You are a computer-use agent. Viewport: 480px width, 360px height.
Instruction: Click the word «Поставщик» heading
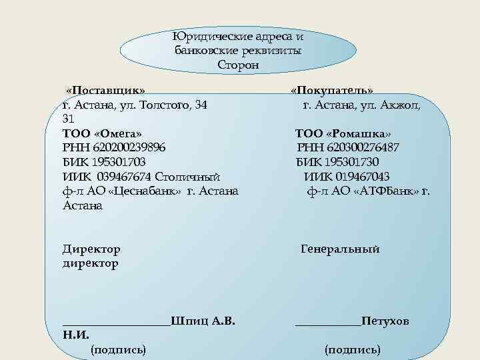click(105, 90)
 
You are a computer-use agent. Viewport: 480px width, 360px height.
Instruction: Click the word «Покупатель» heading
click(331, 90)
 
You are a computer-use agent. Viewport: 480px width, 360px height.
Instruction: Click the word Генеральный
click(340, 249)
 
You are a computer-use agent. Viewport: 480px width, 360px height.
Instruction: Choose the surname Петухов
click(385, 321)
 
